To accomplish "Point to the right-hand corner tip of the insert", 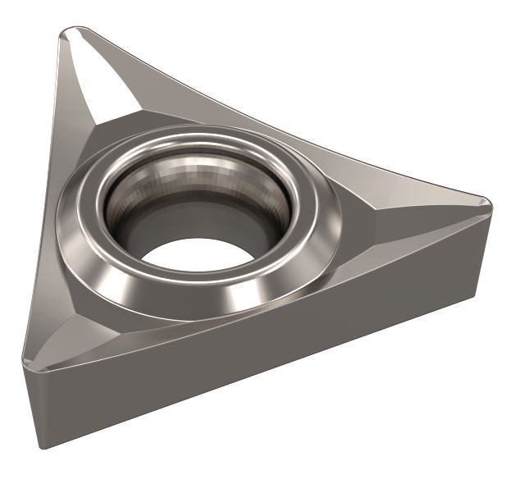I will (489, 201).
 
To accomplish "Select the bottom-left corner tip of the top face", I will (26, 362).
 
